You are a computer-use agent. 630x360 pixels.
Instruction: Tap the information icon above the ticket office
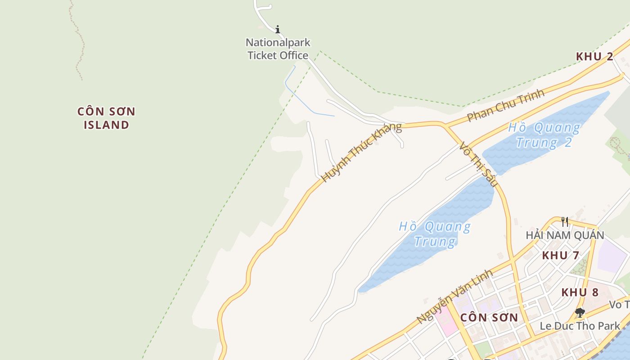278,30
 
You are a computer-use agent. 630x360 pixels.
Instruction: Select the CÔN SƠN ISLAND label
106,118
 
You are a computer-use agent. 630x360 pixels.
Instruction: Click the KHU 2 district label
594,57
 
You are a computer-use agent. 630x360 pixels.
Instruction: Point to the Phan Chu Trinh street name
505,105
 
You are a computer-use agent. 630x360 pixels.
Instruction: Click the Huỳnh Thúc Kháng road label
361,152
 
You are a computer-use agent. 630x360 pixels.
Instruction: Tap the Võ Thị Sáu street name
478,164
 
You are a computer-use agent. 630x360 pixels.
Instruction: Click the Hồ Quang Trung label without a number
435,234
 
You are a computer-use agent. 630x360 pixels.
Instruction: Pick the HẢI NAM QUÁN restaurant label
565,235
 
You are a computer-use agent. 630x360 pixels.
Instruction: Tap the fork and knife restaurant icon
565,221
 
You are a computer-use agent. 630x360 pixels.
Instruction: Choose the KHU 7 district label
560,256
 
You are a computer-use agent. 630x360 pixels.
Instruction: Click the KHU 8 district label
580,292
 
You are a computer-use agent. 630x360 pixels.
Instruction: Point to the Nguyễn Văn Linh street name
454,297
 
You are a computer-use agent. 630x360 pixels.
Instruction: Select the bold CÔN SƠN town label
489,318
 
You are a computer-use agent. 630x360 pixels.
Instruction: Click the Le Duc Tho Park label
580,326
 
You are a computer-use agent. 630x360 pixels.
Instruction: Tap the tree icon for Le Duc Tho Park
580,312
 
